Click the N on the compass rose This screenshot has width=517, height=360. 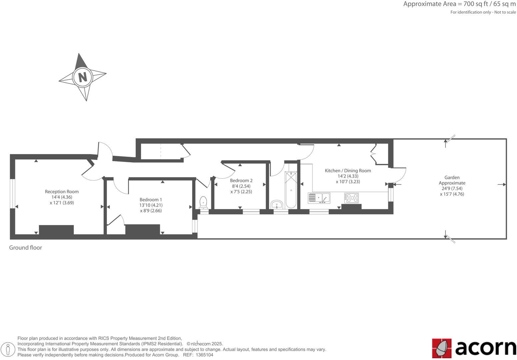(82, 77)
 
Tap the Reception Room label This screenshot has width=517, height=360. (62, 192)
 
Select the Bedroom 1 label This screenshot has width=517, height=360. (151, 200)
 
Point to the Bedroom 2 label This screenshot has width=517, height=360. (241, 181)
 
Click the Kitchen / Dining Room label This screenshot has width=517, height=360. (348, 171)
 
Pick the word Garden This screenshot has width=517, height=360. (452, 178)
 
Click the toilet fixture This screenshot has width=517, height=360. (203, 202)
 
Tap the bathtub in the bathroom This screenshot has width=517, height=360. (291, 190)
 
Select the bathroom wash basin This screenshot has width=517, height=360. (277, 204)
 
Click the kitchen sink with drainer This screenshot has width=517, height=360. (319, 198)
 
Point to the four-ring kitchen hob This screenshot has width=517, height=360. (351, 198)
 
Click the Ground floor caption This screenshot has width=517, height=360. (25, 248)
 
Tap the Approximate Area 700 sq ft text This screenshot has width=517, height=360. (459, 4)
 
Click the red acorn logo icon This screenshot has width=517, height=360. (442, 348)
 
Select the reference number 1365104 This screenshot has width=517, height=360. (204, 355)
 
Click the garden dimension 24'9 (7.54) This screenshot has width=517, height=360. (452, 188)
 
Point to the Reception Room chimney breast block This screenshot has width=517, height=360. (56, 230)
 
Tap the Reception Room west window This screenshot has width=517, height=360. (12, 194)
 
